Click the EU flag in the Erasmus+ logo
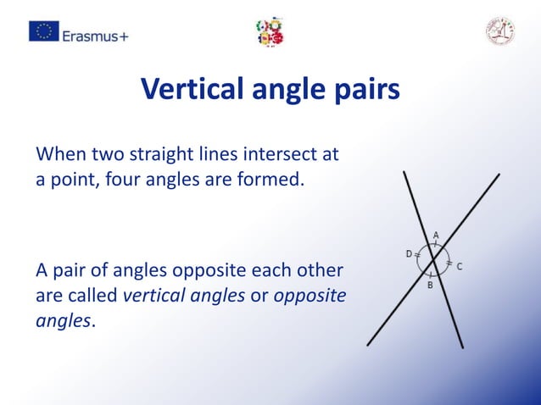pyautogui.click(x=44, y=31)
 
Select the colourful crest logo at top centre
pyautogui.click(x=270, y=31)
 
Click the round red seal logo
pyautogui.click(x=500, y=31)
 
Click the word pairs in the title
pyautogui.click(x=365, y=89)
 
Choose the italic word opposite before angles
pyautogui.click(x=310, y=296)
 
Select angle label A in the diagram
pyautogui.click(x=436, y=235)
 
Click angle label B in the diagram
pyautogui.click(x=430, y=286)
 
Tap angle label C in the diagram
pyautogui.click(x=460, y=266)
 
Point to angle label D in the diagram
pyautogui.click(x=408, y=253)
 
